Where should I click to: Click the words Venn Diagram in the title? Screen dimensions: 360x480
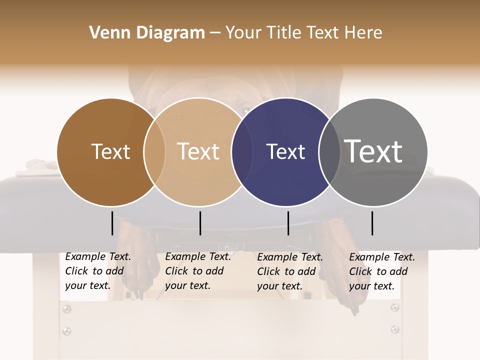147,33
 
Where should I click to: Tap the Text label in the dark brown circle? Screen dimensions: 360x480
110,151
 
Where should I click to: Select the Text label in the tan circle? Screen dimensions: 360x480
198,151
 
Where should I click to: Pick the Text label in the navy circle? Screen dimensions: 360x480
285,151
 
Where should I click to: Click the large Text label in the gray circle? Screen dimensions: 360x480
373,151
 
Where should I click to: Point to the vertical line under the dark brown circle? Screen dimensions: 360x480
112,223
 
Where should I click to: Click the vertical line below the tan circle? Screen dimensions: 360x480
200,223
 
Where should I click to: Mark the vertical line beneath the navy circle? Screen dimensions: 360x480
288,223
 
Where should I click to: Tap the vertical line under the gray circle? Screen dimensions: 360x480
372,223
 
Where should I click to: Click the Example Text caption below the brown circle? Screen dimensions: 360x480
98,271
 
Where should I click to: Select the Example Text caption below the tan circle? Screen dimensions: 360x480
198,271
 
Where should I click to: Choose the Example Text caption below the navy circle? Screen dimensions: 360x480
290,271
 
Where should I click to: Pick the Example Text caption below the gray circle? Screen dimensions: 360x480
382,271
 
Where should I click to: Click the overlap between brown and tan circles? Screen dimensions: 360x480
154,152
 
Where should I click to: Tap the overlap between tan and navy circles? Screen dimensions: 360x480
242,152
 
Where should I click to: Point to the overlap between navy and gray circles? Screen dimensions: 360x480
329,152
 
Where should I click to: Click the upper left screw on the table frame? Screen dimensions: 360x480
66,309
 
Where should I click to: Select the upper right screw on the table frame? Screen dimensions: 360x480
395,307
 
